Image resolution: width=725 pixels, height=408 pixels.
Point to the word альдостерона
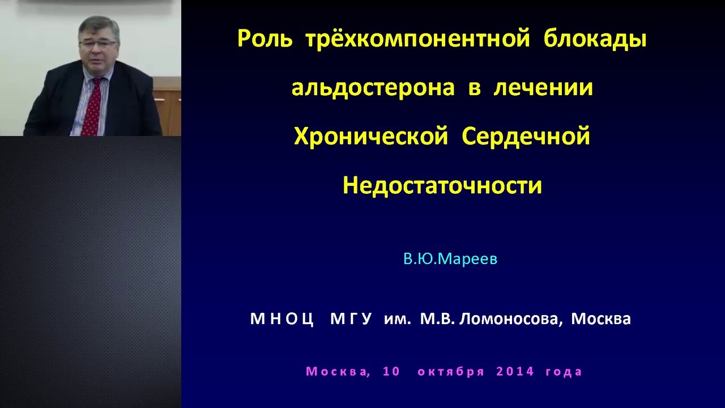(373, 88)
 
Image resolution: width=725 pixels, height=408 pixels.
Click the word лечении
(543, 87)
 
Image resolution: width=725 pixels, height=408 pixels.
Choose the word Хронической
(371, 137)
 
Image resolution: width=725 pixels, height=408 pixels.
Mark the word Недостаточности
(442, 185)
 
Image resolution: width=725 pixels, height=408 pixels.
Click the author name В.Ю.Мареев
(450, 259)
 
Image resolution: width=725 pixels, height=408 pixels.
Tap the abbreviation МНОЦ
(282, 319)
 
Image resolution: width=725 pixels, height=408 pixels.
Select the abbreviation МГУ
(351, 319)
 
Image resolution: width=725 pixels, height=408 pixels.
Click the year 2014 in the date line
(515, 371)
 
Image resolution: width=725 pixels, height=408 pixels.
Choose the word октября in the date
(451, 372)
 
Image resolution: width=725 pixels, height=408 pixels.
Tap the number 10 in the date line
(391, 371)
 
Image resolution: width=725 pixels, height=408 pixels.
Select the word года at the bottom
(564, 372)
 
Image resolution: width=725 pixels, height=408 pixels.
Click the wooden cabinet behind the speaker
(168, 107)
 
